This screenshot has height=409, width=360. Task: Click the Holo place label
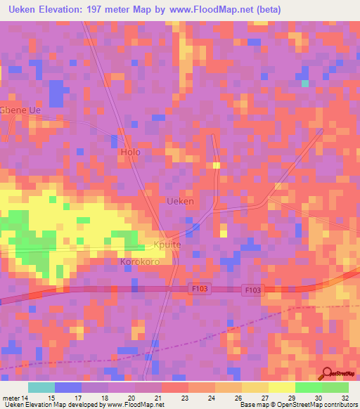[x=131, y=152]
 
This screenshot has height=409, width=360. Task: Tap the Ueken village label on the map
[x=180, y=201]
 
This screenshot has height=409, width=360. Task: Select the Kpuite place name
[x=167, y=245]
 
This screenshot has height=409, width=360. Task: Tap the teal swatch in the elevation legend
[x=41, y=387]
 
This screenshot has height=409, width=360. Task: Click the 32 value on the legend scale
[x=345, y=398]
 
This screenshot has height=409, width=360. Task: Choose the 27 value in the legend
[x=266, y=398]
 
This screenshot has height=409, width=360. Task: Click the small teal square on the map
[x=305, y=84]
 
